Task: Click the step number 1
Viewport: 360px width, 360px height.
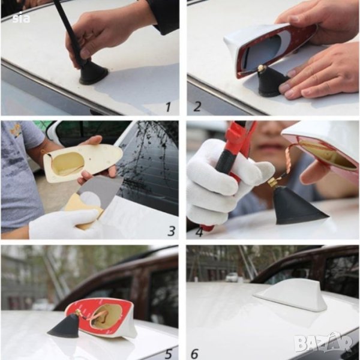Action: point(168,107)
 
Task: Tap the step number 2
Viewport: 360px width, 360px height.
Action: point(197,106)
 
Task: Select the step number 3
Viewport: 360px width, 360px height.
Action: point(171,231)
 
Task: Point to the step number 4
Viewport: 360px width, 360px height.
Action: point(199,232)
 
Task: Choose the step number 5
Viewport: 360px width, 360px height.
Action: point(168,354)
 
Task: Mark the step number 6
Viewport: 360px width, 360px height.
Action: point(194,354)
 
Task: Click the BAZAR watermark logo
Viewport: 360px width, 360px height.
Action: point(323,343)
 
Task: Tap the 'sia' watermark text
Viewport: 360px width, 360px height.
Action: point(21,18)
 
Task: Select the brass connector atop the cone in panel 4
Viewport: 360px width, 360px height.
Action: point(273,182)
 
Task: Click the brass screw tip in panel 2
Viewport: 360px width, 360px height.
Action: point(262,68)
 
